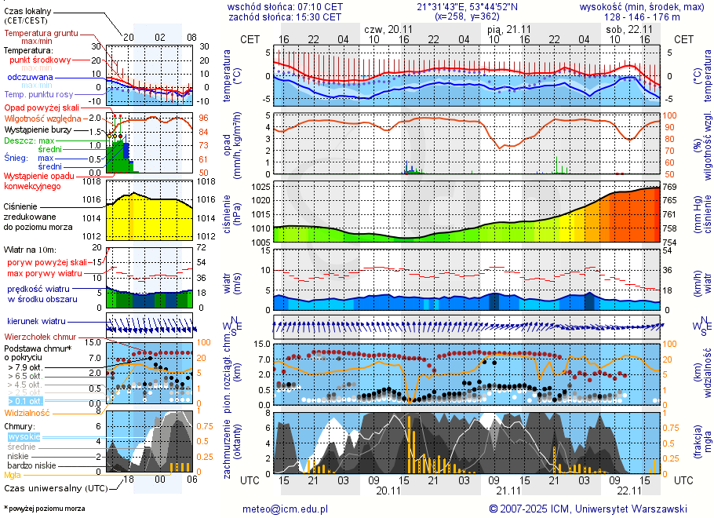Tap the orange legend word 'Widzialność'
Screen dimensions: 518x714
[x=27, y=412]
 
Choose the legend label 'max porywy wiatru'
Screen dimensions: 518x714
[x=45, y=273]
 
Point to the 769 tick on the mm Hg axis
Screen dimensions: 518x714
[x=670, y=187]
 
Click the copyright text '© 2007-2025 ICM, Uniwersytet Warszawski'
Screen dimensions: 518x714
[x=588, y=509]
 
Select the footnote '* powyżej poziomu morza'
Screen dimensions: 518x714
[x=44, y=509]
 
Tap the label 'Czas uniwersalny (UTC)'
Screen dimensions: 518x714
[x=56, y=488]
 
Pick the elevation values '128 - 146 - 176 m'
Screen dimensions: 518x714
[x=642, y=16]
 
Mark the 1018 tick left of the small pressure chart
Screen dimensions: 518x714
[x=93, y=181]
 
